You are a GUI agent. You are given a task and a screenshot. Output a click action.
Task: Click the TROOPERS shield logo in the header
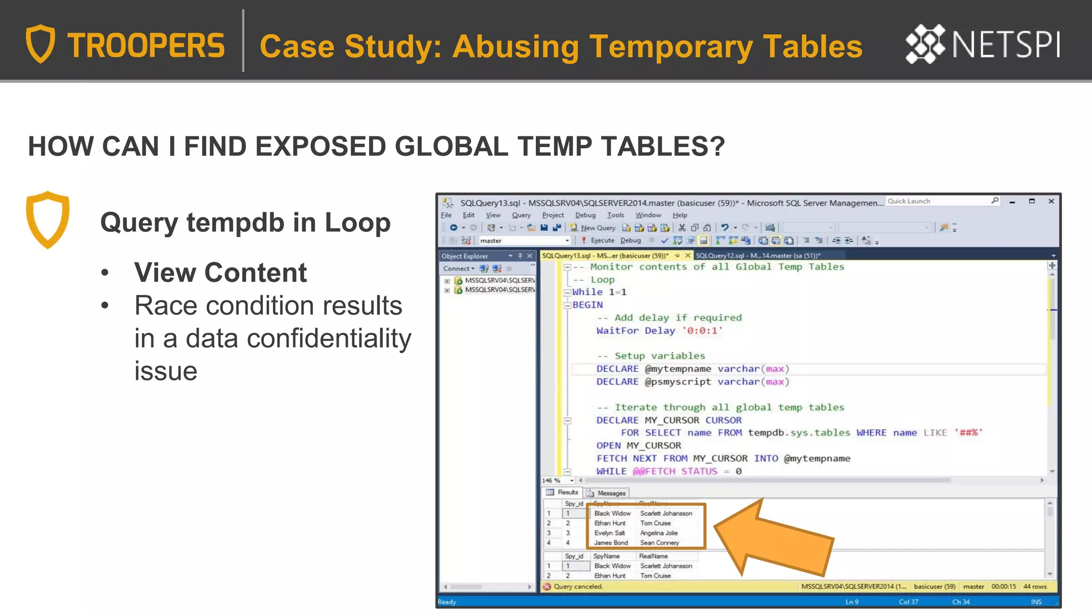point(41,44)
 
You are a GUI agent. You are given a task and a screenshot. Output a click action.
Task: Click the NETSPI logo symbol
point(925,44)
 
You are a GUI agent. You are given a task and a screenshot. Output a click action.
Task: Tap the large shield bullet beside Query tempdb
point(48,219)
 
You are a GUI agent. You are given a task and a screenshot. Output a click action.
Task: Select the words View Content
point(220,273)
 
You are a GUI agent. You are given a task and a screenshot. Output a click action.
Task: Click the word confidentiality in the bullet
point(325,338)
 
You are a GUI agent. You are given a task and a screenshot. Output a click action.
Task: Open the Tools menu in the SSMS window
point(615,215)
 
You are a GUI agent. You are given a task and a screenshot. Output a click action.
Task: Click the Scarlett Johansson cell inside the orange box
point(666,513)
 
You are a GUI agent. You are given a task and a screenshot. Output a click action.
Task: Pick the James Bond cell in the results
point(611,543)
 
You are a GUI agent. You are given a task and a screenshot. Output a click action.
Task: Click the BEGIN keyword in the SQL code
point(588,305)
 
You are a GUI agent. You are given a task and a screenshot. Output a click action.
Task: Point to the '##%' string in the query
point(968,433)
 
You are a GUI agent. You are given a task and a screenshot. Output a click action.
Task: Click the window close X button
point(1051,201)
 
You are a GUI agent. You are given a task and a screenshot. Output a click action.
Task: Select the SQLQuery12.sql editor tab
point(757,256)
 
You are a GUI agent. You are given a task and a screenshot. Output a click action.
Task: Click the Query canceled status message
point(578,586)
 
